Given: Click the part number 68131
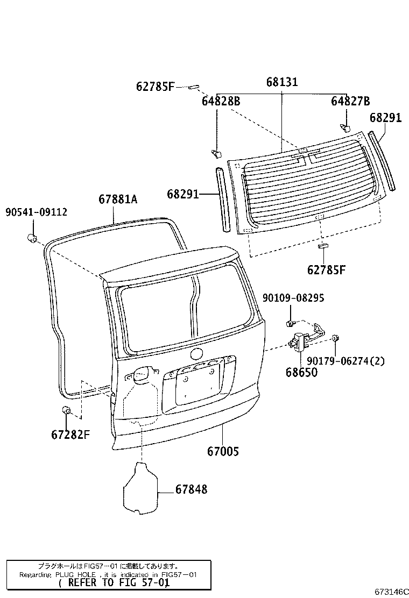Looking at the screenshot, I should [x=282, y=82].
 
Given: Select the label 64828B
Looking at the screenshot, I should [x=221, y=101].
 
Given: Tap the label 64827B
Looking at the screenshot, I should [x=350, y=101].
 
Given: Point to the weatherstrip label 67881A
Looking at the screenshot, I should [x=117, y=200].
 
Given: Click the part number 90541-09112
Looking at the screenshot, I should [x=37, y=212].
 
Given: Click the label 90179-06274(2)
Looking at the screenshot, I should [x=346, y=361].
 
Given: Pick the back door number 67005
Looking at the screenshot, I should [x=223, y=452].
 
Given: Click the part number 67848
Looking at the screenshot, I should [x=191, y=489].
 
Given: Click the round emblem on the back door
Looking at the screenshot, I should [x=196, y=354].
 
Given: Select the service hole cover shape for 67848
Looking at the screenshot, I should [x=139, y=488].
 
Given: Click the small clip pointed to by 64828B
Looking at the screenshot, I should [x=216, y=154].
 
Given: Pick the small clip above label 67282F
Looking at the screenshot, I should [x=67, y=411].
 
